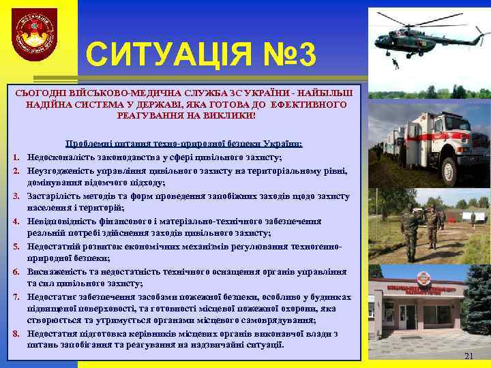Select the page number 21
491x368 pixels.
pyautogui.click(x=468, y=356)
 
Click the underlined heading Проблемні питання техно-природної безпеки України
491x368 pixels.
pyautogui.click(x=183, y=143)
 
